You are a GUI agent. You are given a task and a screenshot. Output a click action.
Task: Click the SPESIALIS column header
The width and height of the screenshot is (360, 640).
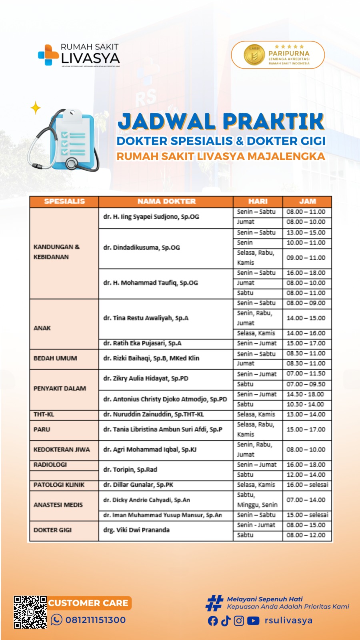(x=64, y=201)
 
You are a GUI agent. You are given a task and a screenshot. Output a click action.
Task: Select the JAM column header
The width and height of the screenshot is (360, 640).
(x=307, y=201)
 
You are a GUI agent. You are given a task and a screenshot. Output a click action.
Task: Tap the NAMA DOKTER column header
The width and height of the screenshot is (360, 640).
(x=166, y=201)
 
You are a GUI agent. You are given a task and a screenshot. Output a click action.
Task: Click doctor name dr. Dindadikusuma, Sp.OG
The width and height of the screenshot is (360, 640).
(x=142, y=248)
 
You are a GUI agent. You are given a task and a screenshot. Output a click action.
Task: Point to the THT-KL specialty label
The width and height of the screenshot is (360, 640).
(x=44, y=414)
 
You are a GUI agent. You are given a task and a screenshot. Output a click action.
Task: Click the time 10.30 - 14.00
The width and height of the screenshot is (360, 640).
(x=305, y=404)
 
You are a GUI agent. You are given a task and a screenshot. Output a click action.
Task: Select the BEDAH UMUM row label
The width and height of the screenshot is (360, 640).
(x=55, y=358)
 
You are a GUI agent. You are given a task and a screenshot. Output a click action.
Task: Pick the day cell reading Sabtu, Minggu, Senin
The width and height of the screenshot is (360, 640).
(x=257, y=500)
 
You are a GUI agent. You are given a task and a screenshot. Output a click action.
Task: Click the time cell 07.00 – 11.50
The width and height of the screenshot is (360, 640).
(x=306, y=374)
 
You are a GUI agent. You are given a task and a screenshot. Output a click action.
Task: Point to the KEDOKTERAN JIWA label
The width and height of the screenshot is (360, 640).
(x=62, y=450)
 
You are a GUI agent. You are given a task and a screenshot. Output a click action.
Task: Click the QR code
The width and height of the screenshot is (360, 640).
(x=30, y=612)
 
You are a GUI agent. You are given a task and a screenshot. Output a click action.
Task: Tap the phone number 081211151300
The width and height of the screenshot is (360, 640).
(x=95, y=620)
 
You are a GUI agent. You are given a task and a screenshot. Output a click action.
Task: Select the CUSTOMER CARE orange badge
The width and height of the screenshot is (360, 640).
(x=88, y=603)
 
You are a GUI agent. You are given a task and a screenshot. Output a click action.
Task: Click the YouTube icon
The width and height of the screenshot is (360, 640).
(x=253, y=621)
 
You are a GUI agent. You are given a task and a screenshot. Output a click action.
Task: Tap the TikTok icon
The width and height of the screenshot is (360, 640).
(x=226, y=621)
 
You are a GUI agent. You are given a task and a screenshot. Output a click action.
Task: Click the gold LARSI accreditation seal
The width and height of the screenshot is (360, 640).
(x=254, y=55)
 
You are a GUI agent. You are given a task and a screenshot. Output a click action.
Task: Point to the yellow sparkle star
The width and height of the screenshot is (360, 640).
(x=36, y=108)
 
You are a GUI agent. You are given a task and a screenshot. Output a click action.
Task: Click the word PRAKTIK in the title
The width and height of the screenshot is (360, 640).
(x=273, y=122)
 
